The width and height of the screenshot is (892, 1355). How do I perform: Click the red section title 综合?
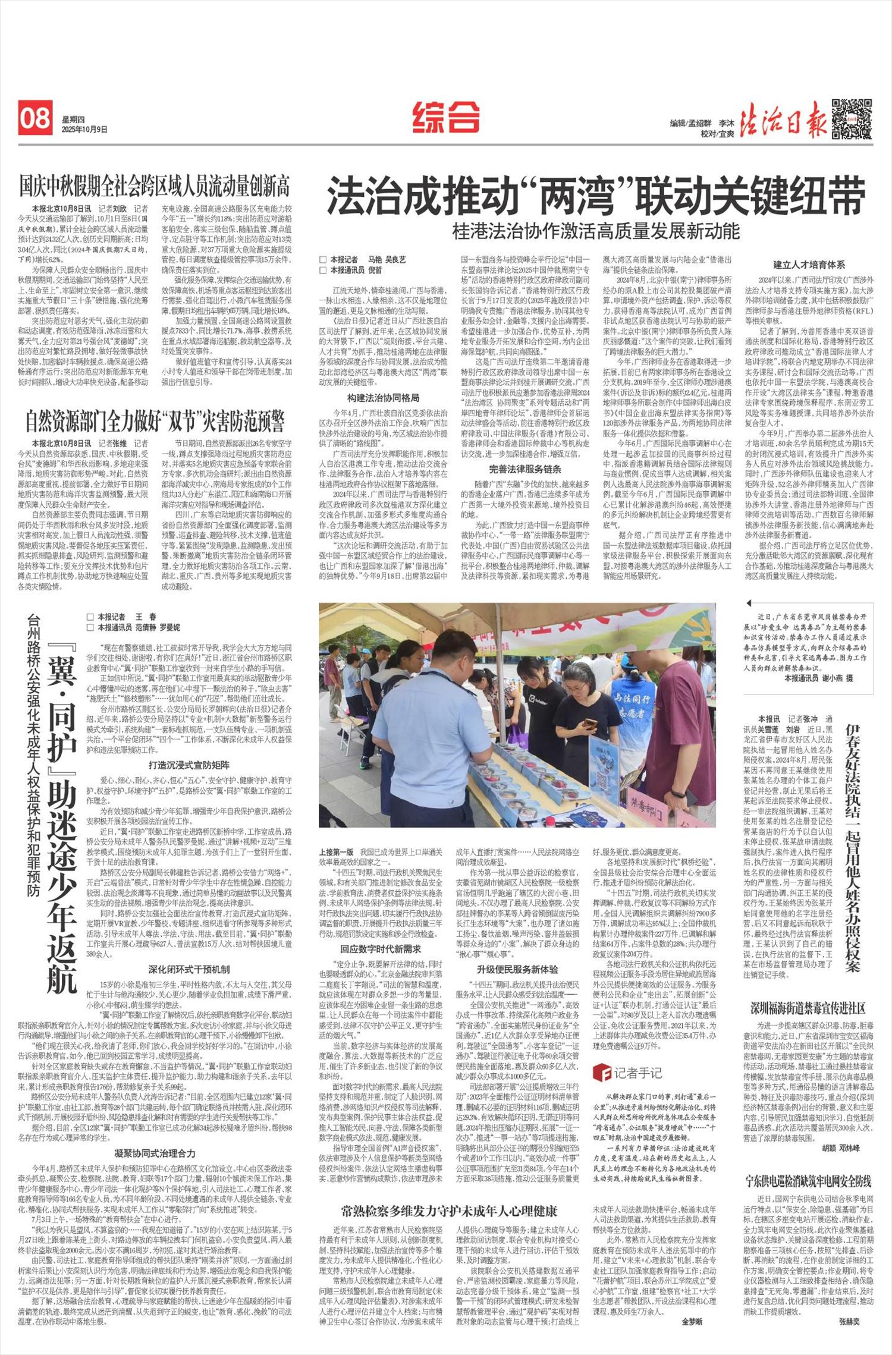[x=446, y=117]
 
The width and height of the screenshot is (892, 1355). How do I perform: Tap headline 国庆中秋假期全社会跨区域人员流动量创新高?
[x=155, y=186]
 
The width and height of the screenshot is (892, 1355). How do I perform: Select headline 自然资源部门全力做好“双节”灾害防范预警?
[x=155, y=421]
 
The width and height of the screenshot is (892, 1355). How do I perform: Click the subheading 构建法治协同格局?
[x=383, y=398]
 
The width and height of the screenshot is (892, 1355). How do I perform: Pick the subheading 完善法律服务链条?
[x=525, y=469]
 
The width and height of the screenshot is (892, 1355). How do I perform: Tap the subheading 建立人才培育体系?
[x=809, y=265]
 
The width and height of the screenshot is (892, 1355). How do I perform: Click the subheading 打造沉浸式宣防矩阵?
[x=189, y=765]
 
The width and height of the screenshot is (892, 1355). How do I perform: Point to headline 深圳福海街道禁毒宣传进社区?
[x=808, y=1008]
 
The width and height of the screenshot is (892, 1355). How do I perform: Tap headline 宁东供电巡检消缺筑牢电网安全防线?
[x=808, y=1181]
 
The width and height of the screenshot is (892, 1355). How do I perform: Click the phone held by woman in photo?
[x=590, y=724]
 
